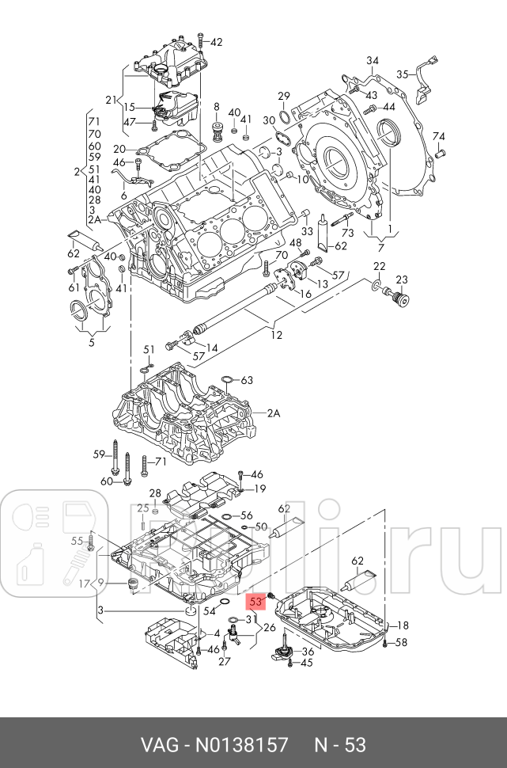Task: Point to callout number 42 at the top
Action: click(216, 42)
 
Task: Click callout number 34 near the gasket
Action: click(373, 61)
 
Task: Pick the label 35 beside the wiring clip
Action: click(403, 74)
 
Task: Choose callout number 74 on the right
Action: click(440, 137)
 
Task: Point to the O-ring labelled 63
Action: click(228, 380)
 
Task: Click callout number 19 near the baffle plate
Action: click(259, 488)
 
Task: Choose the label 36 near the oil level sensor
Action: click(308, 652)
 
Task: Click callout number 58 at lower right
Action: click(401, 642)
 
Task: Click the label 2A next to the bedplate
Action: click(274, 413)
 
